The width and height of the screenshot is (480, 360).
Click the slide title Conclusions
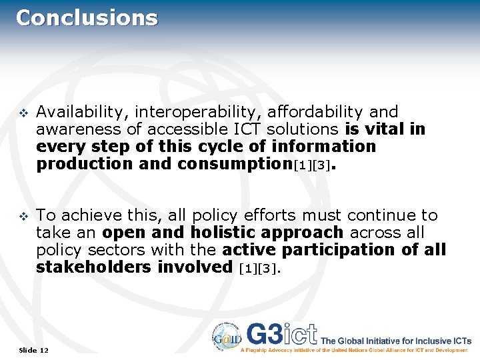click(87, 17)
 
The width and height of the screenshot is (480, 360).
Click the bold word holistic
click(225, 233)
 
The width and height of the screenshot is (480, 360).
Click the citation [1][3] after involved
click(259, 269)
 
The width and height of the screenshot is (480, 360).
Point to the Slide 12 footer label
click(34, 350)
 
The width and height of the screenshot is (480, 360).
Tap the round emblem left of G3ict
click(227, 335)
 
